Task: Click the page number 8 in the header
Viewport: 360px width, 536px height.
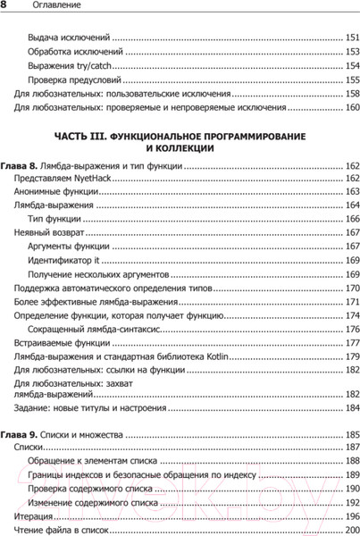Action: click(x=4, y=5)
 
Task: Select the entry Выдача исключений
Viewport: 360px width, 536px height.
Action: click(x=69, y=38)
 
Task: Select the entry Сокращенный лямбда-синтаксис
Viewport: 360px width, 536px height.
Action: click(x=88, y=329)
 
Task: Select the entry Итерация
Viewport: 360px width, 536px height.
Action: click(x=34, y=516)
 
